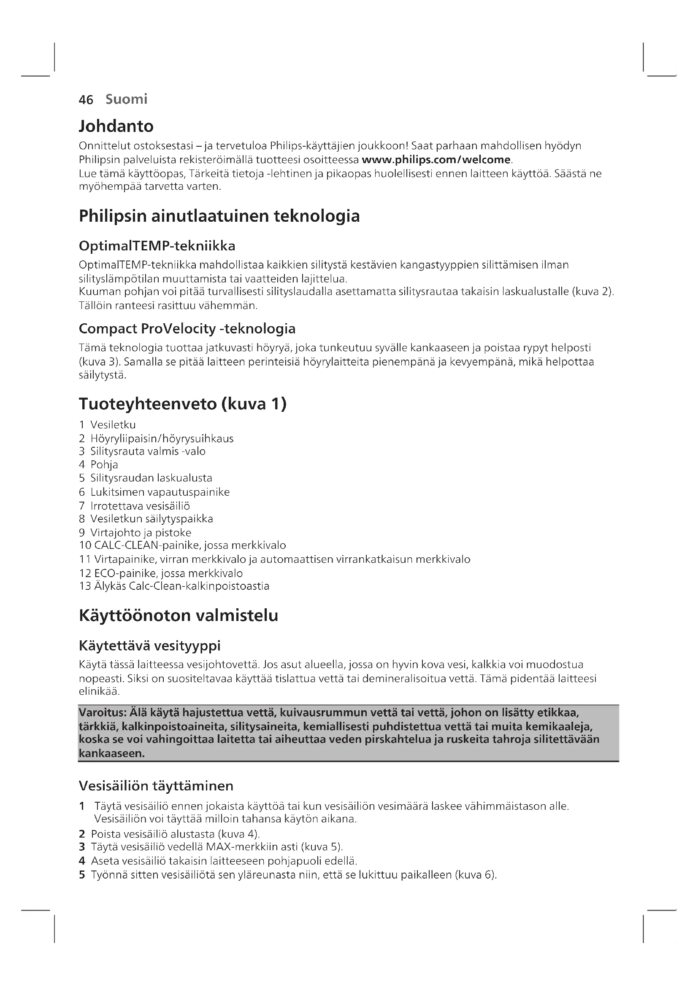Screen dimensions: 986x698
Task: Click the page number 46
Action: point(86,99)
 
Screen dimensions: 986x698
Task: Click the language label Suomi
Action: point(126,99)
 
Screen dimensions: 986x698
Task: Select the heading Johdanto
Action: point(116,126)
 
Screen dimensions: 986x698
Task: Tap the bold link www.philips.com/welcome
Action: point(436,160)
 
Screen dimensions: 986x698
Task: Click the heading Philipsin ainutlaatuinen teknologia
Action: point(219,215)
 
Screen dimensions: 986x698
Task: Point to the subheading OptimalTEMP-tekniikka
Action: point(157,246)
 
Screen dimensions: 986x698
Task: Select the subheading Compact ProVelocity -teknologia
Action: point(187,329)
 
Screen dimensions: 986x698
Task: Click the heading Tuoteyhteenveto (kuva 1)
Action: point(183,404)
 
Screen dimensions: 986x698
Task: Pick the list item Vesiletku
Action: point(113,425)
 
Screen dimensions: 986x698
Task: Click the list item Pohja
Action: point(104,465)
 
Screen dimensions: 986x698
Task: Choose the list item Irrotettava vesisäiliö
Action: point(140,506)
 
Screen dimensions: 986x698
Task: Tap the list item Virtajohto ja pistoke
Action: point(141,533)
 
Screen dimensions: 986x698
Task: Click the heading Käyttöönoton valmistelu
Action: point(179,616)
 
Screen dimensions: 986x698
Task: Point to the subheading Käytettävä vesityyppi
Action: point(149,645)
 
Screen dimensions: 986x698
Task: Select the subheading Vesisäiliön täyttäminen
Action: point(156,786)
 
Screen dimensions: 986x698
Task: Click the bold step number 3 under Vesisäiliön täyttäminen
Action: point(82,847)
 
